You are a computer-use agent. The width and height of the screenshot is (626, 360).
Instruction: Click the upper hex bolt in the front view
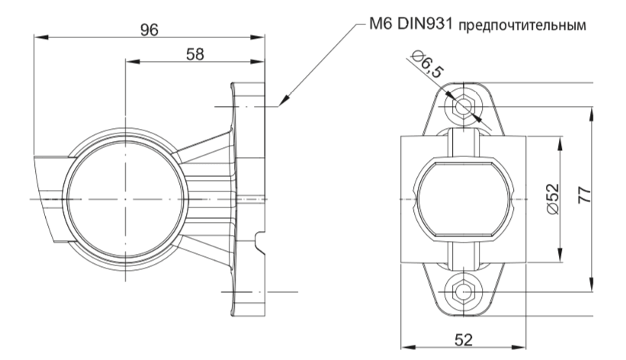pyautogui.click(x=463, y=107)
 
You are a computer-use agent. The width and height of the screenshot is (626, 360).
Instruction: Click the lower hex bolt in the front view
pyautogui.click(x=463, y=291)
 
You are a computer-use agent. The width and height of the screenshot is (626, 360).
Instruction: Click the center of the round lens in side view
pyautogui.click(x=124, y=198)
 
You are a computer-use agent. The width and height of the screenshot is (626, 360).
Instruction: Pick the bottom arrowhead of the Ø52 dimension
pyautogui.click(x=560, y=255)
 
